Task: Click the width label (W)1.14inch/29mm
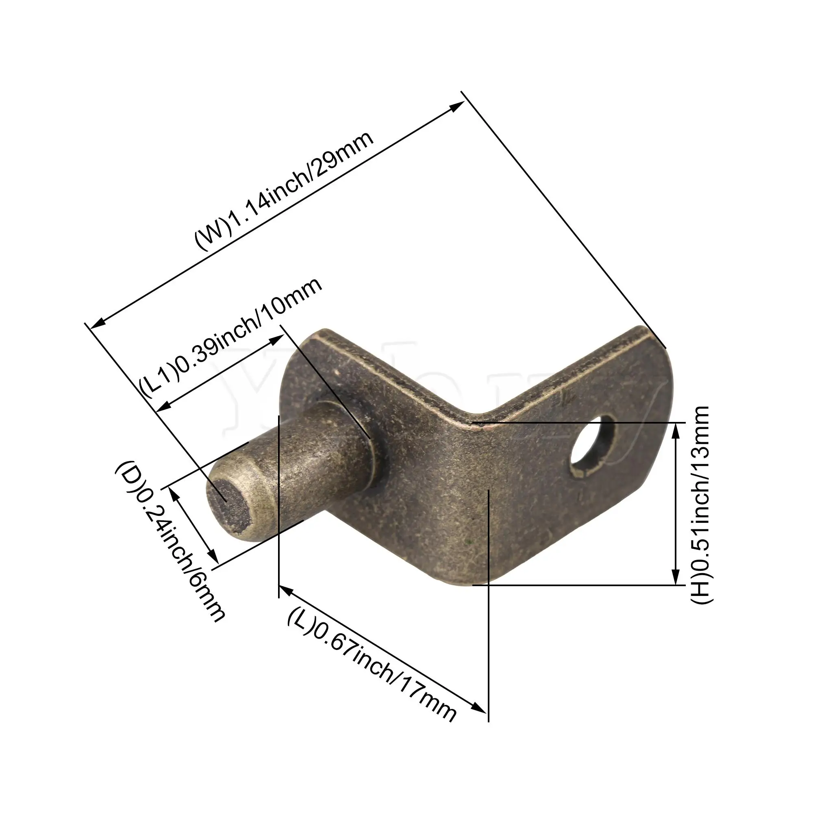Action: tap(284, 191)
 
